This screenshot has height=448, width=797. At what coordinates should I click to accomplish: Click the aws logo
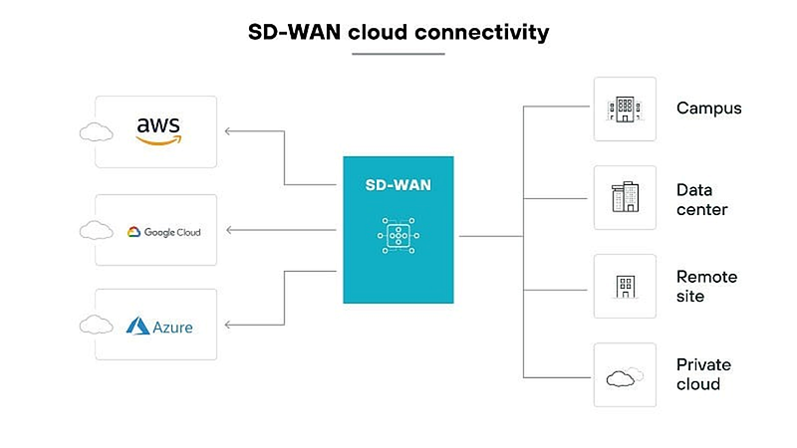[x=158, y=131]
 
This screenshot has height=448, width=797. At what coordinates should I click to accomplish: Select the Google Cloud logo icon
[x=133, y=232]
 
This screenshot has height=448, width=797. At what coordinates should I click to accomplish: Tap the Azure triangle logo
[x=137, y=327]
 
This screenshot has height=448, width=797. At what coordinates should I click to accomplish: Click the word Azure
[x=172, y=328]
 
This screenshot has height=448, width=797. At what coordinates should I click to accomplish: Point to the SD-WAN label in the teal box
[x=398, y=185]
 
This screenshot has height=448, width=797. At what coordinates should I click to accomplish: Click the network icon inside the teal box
[x=398, y=236]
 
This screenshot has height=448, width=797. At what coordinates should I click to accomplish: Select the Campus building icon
[x=625, y=110]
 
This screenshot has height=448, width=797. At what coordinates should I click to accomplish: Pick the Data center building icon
[x=625, y=196]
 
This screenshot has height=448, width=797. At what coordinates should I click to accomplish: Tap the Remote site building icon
[x=626, y=287]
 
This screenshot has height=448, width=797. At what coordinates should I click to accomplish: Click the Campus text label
[x=708, y=109]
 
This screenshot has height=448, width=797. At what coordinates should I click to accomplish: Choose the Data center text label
[x=702, y=200]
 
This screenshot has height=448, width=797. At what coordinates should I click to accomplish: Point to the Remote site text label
[x=706, y=287]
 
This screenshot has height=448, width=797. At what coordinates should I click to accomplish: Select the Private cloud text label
[x=703, y=374]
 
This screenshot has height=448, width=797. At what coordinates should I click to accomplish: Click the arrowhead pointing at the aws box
[x=228, y=131]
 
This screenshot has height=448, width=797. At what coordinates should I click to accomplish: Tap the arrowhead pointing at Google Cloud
[x=229, y=230]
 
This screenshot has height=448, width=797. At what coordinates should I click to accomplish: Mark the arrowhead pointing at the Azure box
[x=228, y=325]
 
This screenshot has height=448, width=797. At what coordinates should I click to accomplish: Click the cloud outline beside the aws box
[x=96, y=132]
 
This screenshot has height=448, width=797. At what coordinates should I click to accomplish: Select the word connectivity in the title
[x=482, y=33]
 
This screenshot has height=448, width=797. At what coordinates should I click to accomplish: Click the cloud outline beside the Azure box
[x=96, y=325]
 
